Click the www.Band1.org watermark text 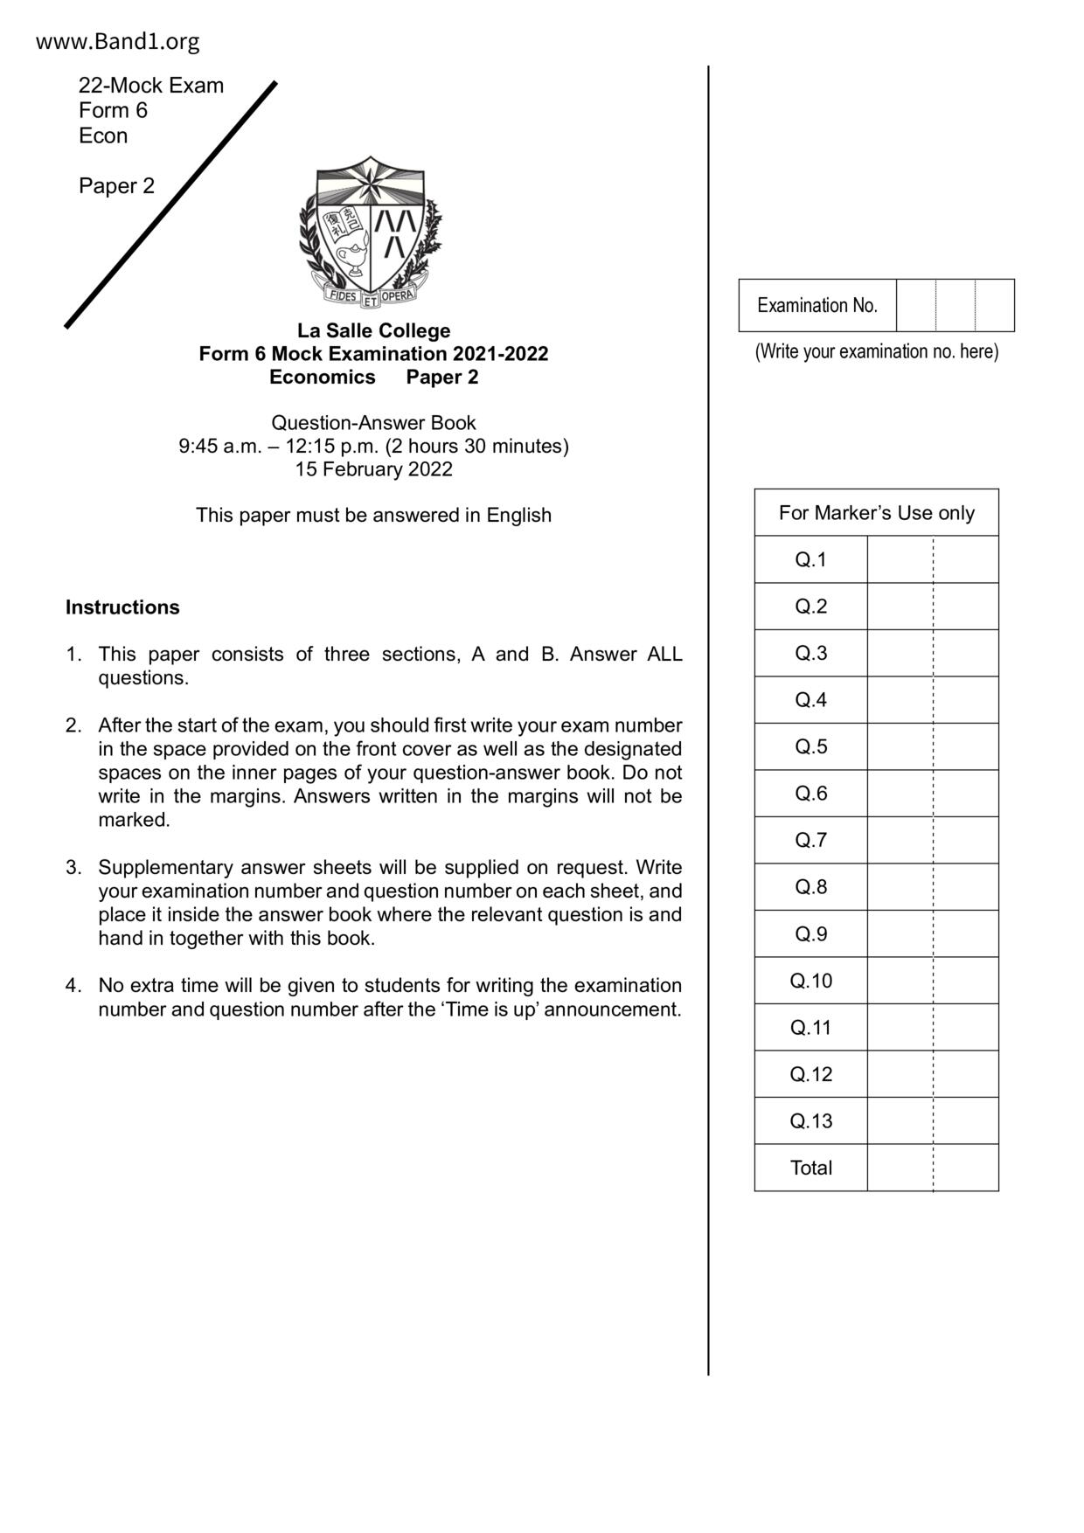[117, 41]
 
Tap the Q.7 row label [810, 840]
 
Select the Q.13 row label [810, 1120]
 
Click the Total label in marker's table [810, 1168]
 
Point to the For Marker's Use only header [876, 513]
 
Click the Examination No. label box [816, 306]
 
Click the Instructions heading [122, 607]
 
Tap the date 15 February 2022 [373, 469]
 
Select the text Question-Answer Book [373, 423]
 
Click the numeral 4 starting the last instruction [73, 986]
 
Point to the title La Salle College [373, 331]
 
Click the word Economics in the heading [322, 378]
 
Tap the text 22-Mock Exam [151, 86]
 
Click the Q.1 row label [810, 559]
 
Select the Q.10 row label [810, 981]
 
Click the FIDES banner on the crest [343, 296]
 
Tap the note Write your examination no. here [876, 351]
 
